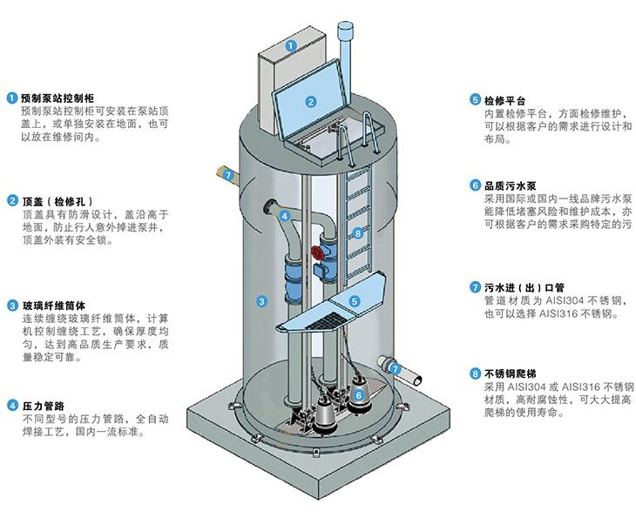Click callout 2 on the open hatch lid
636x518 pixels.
click(x=309, y=102)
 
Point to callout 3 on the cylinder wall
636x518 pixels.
click(x=261, y=301)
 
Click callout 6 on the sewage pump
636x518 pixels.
click(x=358, y=394)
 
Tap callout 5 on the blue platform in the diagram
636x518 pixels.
click(x=355, y=300)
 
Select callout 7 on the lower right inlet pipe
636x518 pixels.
click(x=396, y=369)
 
